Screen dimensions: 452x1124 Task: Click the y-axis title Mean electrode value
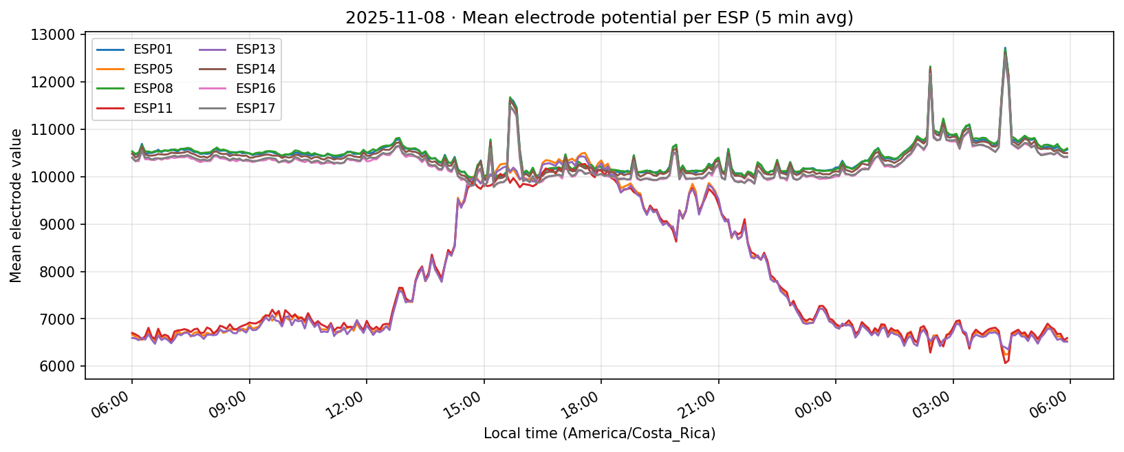pyautogui.click(x=16, y=205)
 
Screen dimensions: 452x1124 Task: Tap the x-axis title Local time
pyautogui.click(x=599, y=433)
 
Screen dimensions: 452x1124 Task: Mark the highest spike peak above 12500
pyautogui.click(x=1005, y=49)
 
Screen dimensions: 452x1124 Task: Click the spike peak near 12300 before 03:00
pyautogui.click(x=930, y=67)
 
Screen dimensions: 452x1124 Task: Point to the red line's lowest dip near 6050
pyautogui.click(x=1005, y=363)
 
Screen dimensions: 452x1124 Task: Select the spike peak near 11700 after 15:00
pyautogui.click(x=510, y=97)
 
